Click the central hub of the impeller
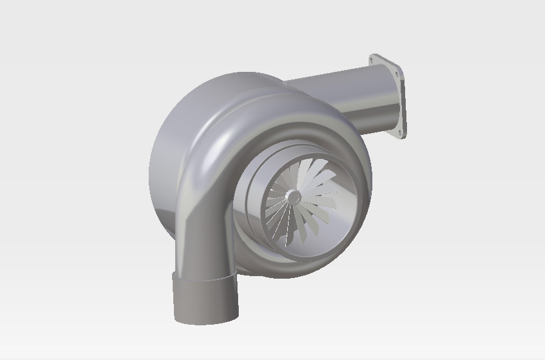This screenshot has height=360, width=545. tap(293, 197)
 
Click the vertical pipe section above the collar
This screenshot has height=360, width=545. tap(205, 246)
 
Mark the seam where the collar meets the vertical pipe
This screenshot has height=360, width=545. tap(205, 277)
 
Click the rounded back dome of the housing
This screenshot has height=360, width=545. tap(167, 164)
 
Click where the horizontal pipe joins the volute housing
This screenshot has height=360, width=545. tap(296, 88)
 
